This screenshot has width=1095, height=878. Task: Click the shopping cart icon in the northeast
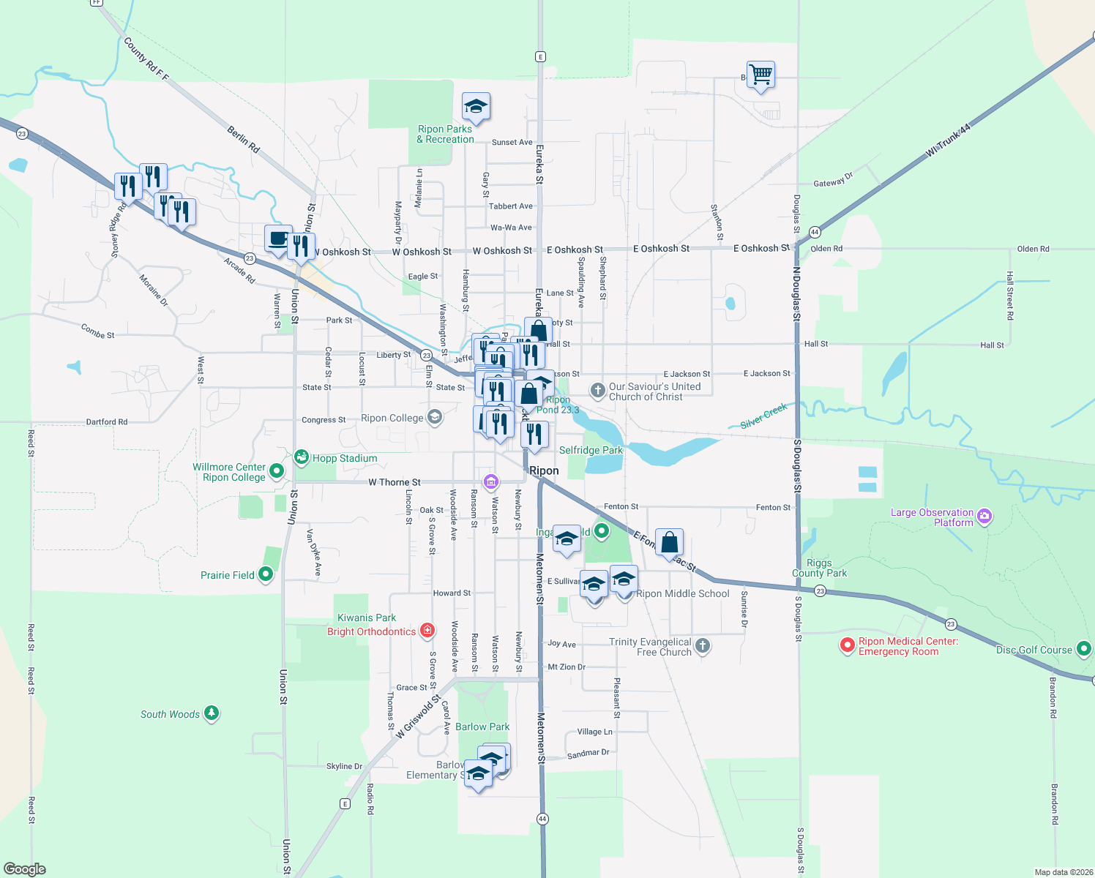[x=761, y=74]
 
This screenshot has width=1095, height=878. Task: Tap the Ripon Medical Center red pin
[x=847, y=645]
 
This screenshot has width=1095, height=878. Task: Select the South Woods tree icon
[x=212, y=713]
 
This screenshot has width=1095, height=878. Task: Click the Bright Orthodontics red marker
[x=427, y=631]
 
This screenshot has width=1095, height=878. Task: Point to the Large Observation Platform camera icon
[x=984, y=517]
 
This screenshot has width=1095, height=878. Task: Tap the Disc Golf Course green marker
[x=1084, y=648]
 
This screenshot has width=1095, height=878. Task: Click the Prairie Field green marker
[x=266, y=574]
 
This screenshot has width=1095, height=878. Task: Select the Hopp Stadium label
[x=345, y=458]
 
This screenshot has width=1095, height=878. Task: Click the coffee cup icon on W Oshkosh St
[x=278, y=239]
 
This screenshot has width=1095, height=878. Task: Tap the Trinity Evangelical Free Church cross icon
[x=703, y=645]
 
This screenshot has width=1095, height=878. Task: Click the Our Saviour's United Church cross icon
[x=598, y=390]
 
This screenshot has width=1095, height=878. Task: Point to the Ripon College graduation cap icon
[x=435, y=418]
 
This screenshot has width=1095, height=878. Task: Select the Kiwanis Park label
[x=366, y=618]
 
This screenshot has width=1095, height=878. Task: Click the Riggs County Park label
[x=819, y=568]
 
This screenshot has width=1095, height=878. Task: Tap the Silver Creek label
[x=763, y=416]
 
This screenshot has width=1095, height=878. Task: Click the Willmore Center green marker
[x=277, y=470]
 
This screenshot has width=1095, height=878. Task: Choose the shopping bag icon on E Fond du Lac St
[x=669, y=542]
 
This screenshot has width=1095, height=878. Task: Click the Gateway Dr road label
[x=833, y=180]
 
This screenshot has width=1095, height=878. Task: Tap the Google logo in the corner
[x=25, y=868]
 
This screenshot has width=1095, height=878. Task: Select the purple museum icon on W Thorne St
[x=491, y=481]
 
